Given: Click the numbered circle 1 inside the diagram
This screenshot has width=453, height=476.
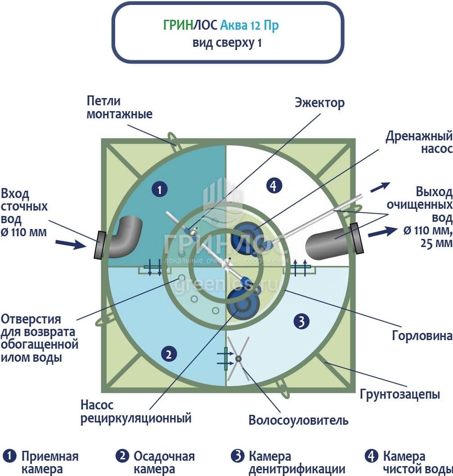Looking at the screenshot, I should pyautogui.click(x=159, y=190).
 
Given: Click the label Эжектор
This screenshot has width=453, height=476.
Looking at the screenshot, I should pyautogui.click(x=320, y=103).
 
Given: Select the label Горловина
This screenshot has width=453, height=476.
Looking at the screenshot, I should pyautogui.click(x=422, y=336).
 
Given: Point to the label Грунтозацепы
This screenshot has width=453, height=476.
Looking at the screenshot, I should pyautogui.click(x=399, y=395).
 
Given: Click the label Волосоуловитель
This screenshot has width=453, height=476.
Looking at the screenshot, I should pyautogui.click(x=299, y=421).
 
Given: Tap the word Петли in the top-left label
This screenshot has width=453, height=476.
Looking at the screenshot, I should pyautogui.click(x=103, y=101).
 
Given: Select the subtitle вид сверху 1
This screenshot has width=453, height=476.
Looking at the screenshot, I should pyautogui.click(x=227, y=44).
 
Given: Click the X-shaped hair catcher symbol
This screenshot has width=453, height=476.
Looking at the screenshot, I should pyautogui.click(x=238, y=359).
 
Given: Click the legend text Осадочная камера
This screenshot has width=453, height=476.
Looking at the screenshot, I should pyautogui.click(x=164, y=463).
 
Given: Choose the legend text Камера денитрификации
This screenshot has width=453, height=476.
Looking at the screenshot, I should pyautogui.click(x=297, y=463).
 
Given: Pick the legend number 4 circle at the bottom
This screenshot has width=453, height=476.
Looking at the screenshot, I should pyautogui.click(x=372, y=456).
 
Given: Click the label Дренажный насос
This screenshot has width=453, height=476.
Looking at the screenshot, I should pyautogui.click(x=418, y=143).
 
